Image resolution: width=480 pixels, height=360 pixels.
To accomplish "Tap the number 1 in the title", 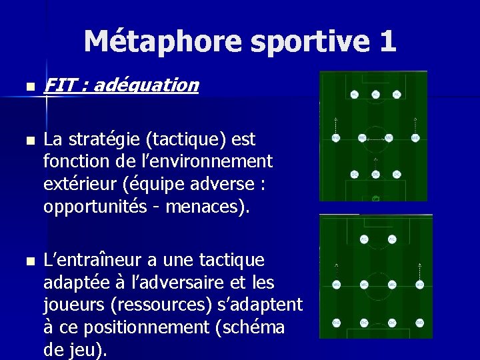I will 387,41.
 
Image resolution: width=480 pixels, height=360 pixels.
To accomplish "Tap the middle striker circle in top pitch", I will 375,94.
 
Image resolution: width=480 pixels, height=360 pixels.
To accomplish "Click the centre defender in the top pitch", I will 375,175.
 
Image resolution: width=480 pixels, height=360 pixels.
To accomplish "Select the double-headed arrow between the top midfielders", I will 375,139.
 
